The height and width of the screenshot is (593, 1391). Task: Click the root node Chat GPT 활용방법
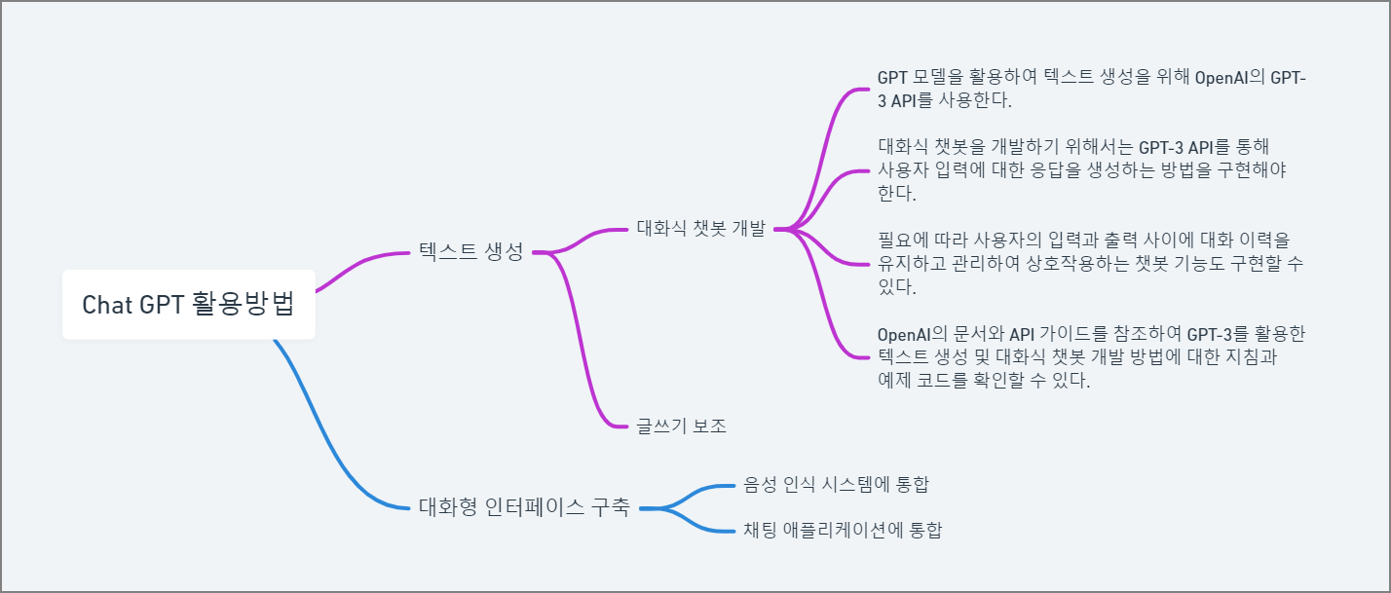[188, 304]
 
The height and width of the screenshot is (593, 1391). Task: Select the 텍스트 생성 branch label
[470, 252]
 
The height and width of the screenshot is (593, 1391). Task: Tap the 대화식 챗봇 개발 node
[700, 229]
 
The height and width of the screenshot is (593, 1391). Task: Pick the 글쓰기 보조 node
[682, 426]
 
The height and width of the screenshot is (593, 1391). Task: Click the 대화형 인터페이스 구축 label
[523, 507]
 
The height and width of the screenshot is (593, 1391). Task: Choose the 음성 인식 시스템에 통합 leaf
[842, 484]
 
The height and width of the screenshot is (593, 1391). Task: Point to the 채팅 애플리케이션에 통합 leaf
[843, 531]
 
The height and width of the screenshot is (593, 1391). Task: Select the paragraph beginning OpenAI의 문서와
[1091, 357]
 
